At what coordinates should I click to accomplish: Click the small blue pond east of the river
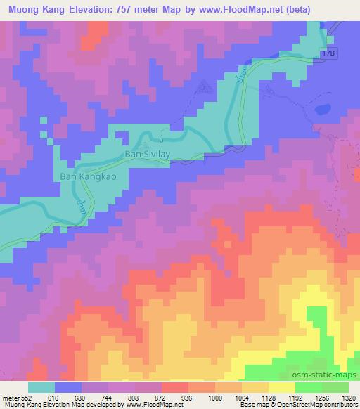pyautogui.click(x=321, y=109)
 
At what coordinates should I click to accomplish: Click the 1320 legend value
pyautogui.click(x=349, y=397)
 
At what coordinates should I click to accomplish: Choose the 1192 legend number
pyautogui.click(x=296, y=397)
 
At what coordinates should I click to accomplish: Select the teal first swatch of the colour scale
pyautogui.click(x=42, y=387)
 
